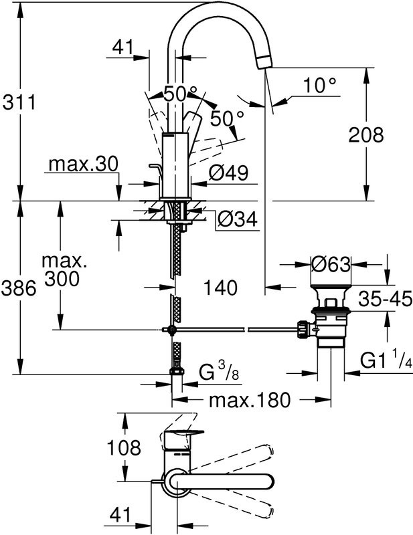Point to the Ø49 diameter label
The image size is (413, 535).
[229, 173]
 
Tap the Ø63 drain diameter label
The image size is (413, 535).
[331, 265]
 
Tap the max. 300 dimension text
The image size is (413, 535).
[64, 268]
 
